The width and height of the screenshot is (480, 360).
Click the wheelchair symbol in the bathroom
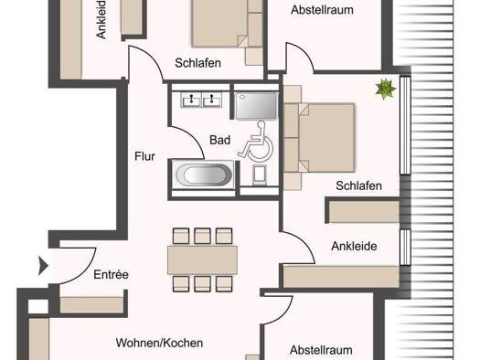click(x=256, y=142)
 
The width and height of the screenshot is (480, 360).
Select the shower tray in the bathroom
click(x=257, y=106)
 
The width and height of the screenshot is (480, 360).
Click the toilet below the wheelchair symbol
click(x=260, y=175)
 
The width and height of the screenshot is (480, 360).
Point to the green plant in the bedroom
click(x=386, y=89)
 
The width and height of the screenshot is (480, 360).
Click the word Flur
click(x=144, y=156)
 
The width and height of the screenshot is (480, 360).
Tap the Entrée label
click(x=111, y=274)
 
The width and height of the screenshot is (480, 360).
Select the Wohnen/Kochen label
click(x=159, y=343)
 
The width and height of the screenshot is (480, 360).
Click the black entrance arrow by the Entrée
click(x=43, y=266)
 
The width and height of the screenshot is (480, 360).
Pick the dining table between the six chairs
click(x=202, y=260)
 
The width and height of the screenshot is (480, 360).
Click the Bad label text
click(x=219, y=140)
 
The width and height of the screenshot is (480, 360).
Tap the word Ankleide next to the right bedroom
click(x=354, y=246)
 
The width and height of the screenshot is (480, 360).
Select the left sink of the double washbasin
click(x=191, y=100)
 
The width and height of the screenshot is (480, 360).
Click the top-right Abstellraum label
click(x=322, y=10)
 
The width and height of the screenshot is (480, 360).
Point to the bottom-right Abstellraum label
click(x=321, y=350)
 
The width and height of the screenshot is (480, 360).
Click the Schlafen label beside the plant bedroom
click(x=358, y=185)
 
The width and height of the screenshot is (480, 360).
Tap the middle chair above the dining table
click(x=202, y=236)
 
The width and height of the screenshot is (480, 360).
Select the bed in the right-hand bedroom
click(x=319, y=137)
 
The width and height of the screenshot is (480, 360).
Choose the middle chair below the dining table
click(x=202, y=284)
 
